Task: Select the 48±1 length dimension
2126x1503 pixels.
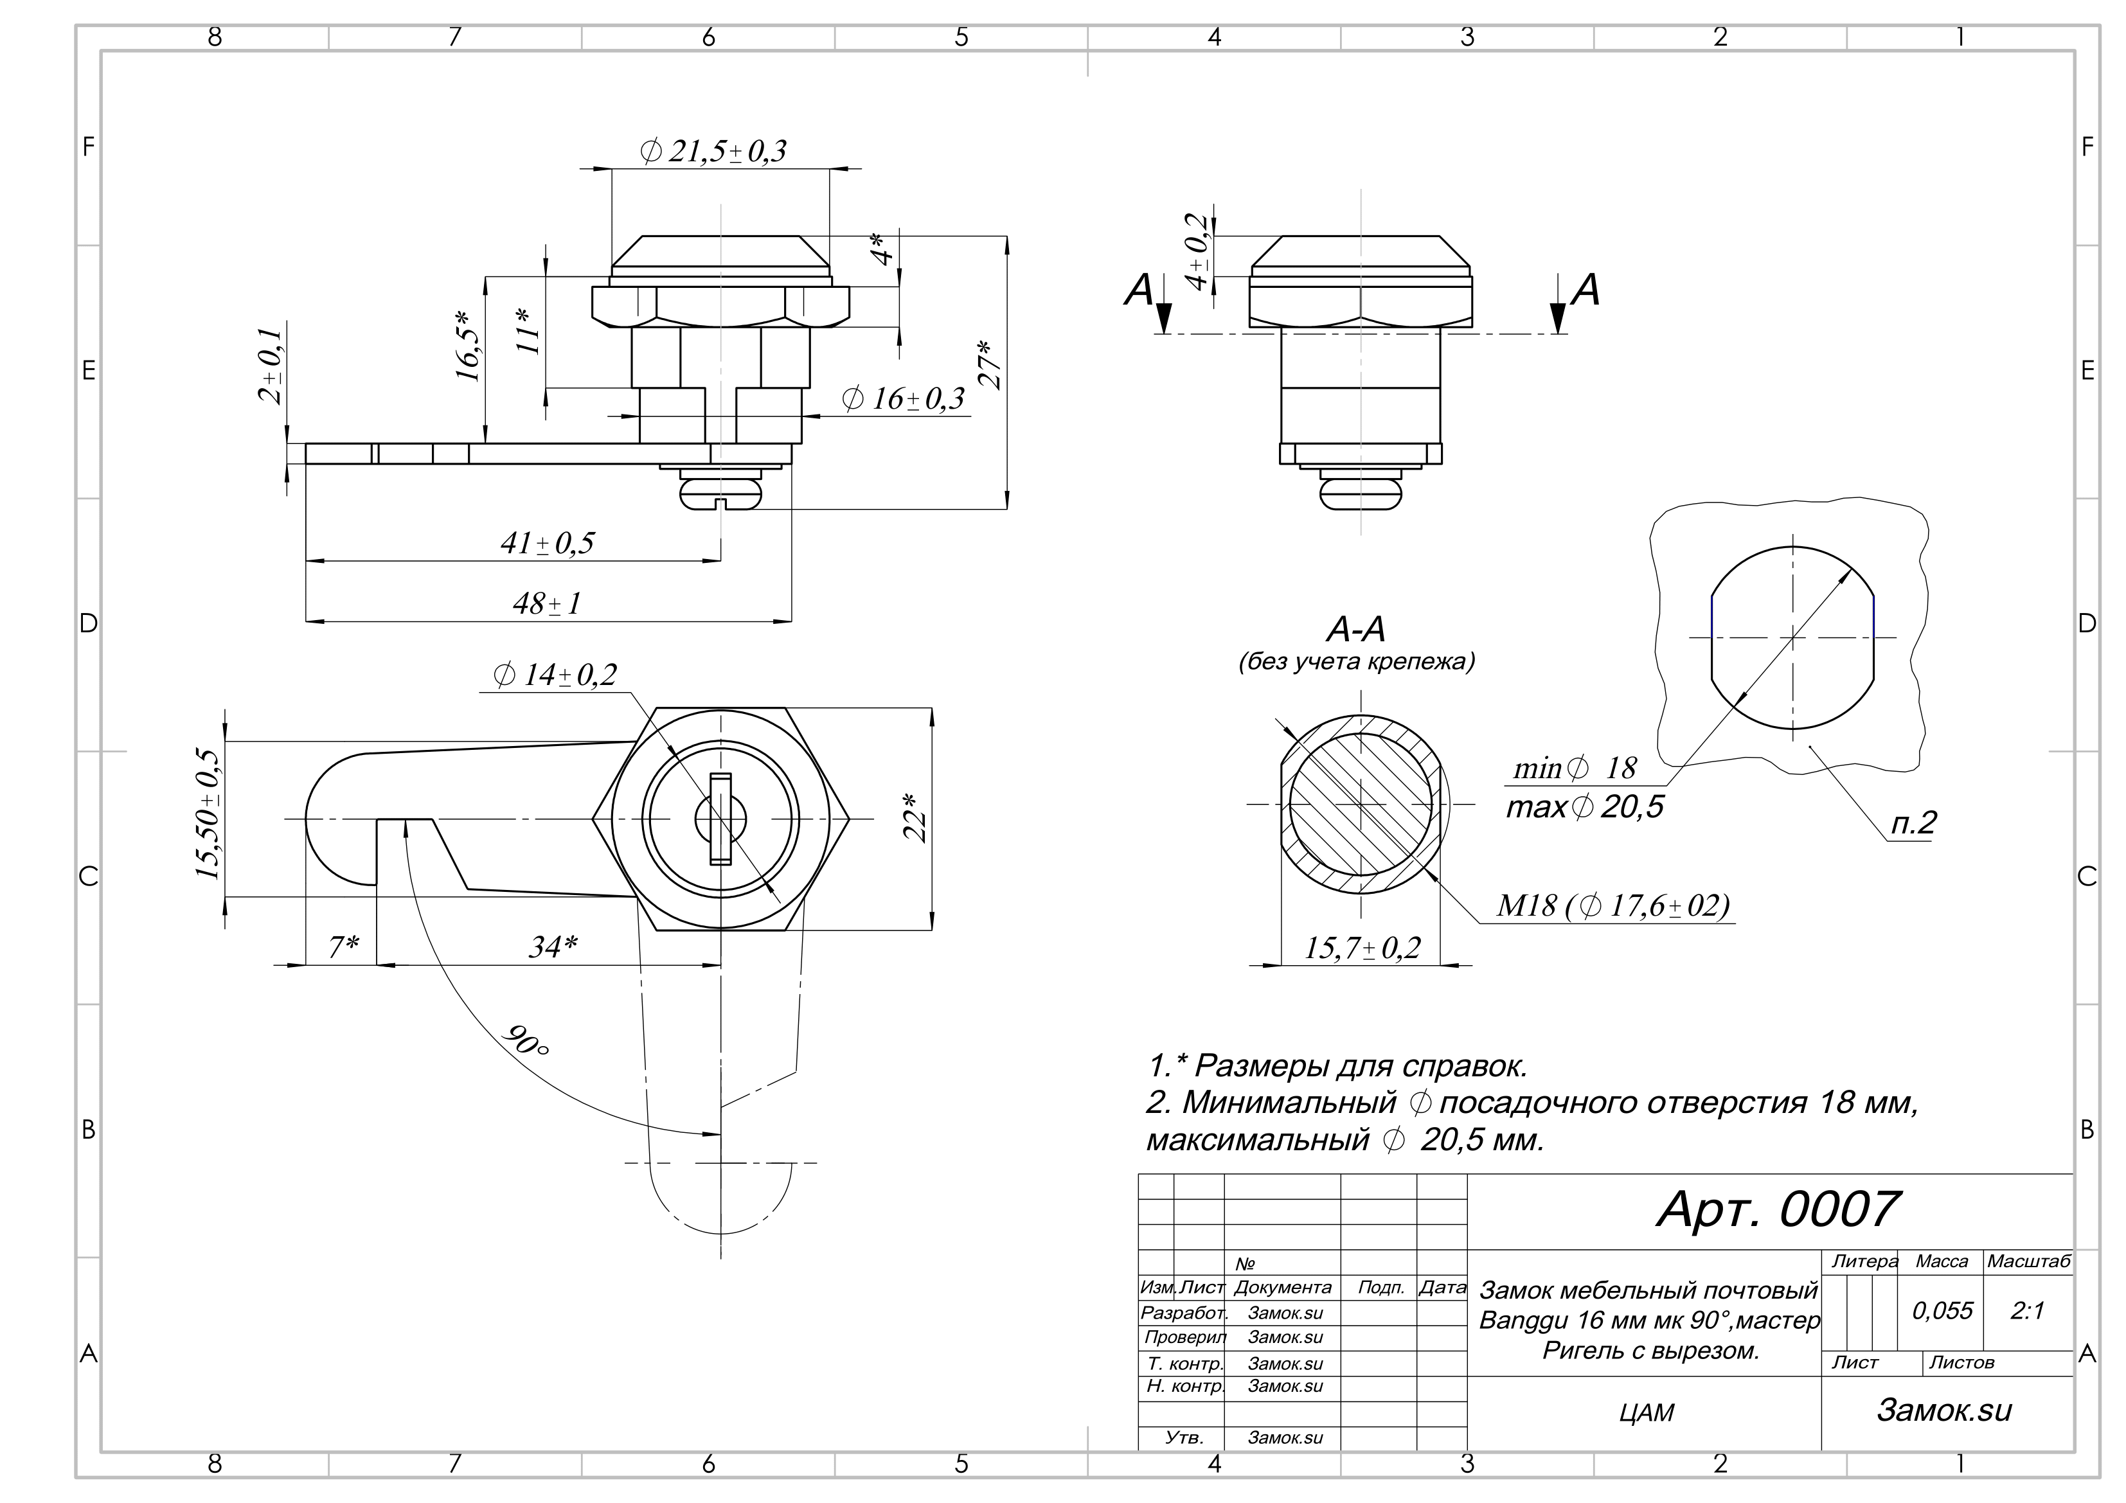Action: [x=547, y=604]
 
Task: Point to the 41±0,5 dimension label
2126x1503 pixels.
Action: [x=547, y=543]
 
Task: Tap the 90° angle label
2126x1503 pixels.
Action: [x=526, y=1042]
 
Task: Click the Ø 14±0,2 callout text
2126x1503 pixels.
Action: [x=555, y=675]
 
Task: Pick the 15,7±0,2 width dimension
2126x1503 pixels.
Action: [x=1362, y=947]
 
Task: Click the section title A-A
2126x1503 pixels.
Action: [x=1357, y=630]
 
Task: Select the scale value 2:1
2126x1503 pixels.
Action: [x=2028, y=1310]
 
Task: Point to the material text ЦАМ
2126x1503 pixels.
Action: [x=1647, y=1412]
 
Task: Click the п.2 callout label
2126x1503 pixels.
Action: [x=1913, y=823]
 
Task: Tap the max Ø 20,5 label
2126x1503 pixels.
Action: [x=1586, y=806]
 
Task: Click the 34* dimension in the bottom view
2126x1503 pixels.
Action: [x=554, y=947]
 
